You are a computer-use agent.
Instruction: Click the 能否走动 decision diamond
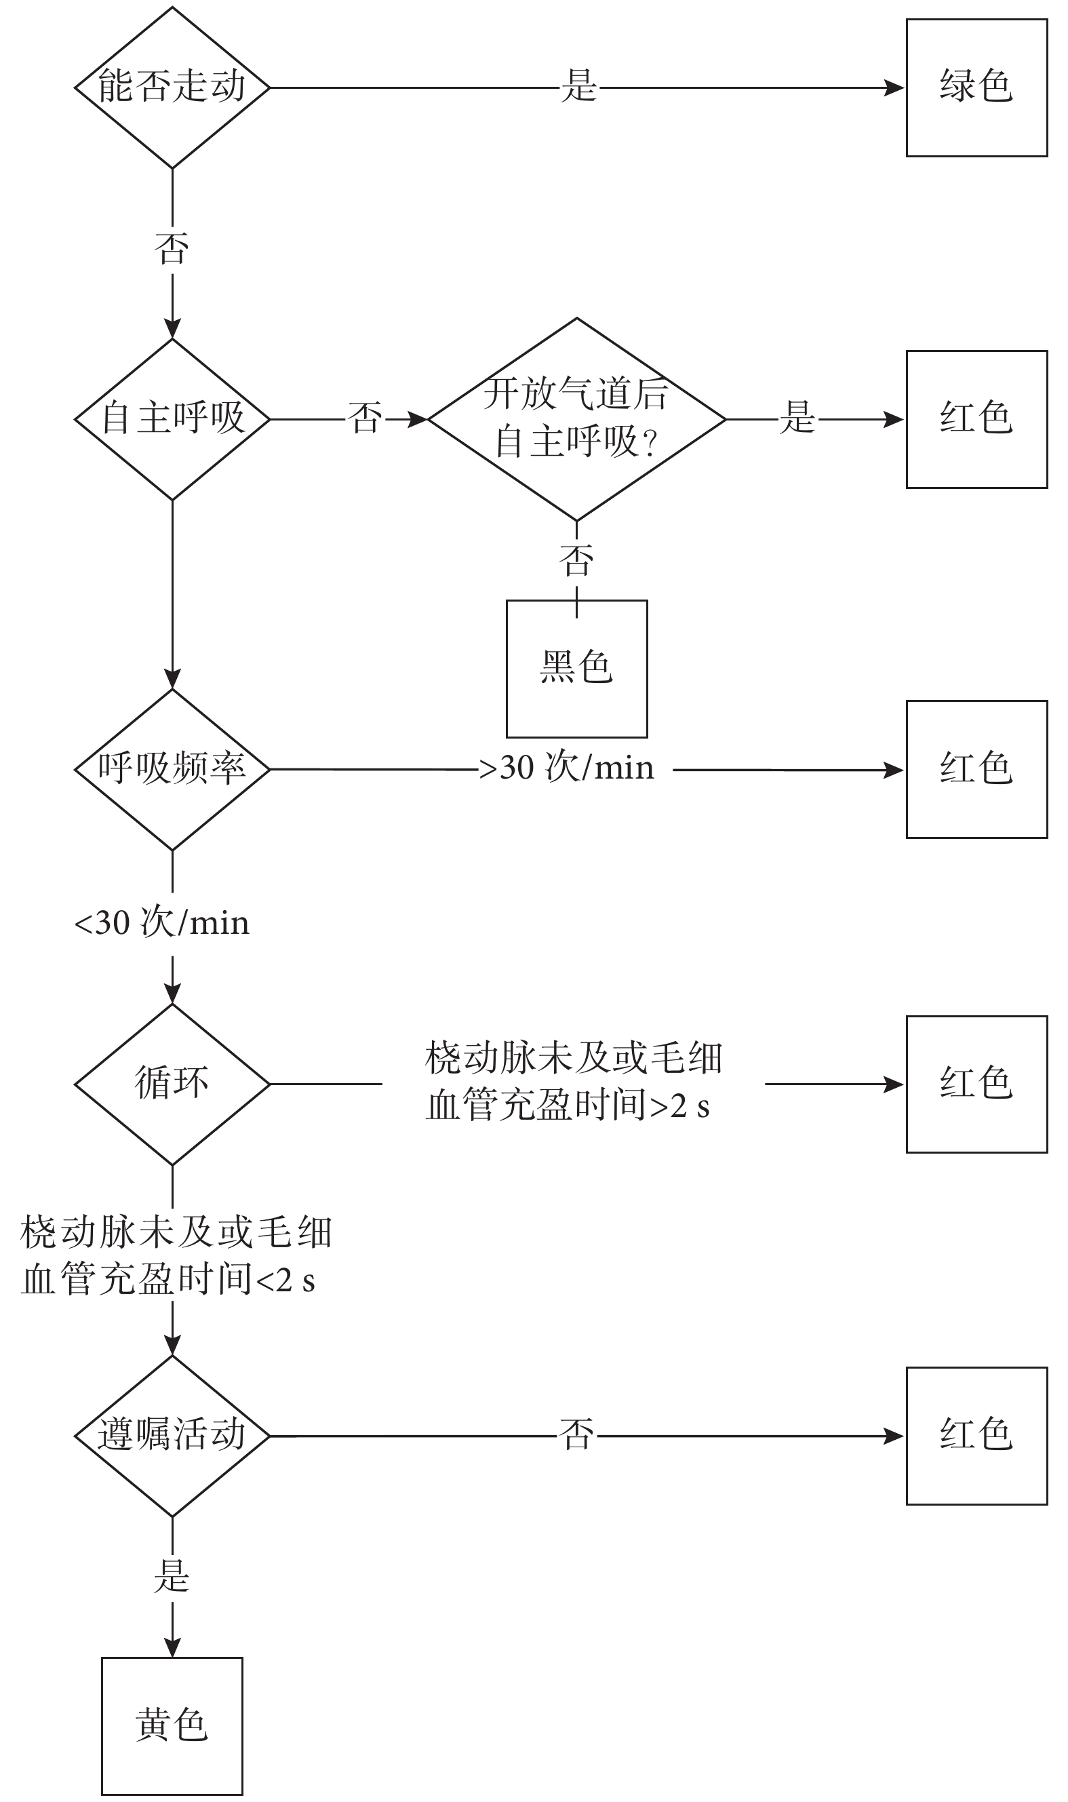pos(172,87)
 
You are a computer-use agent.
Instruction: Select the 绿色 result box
pos(976,87)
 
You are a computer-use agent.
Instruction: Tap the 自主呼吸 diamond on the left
pos(172,419)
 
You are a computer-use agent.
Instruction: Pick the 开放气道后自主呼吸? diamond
pos(576,419)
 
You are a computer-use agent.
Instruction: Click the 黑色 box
pos(576,668)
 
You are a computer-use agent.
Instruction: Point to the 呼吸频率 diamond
pos(172,769)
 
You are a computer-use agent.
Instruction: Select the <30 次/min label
pos(162,923)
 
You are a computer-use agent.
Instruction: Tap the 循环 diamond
pos(172,1084)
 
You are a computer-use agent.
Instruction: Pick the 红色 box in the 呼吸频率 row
pos(976,769)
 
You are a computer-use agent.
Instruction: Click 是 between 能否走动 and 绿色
pos(578,87)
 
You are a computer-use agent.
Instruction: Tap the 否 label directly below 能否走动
pos(172,249)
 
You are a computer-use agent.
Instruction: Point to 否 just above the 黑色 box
pos(576,560)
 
